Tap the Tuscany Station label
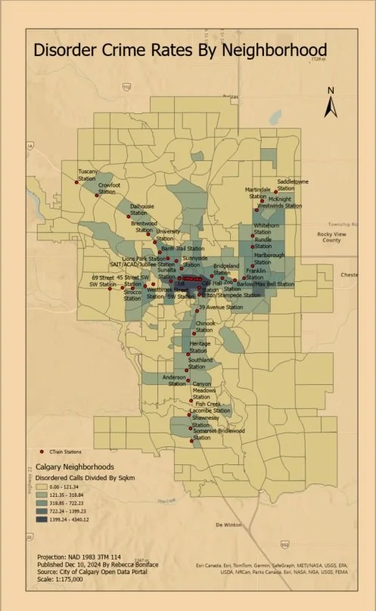pyautogui.click(x=89, y=175)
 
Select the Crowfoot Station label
pyautogui.click(x=109, y=188)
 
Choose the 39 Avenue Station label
pyautogui.click(x=220, y=307)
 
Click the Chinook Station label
pyautogui.click(x=206, y=326)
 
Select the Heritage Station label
pyautogui.click(x=200, y=347)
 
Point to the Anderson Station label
pyautogui.click(x=174, y=380)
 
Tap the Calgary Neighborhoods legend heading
pyautogui.click(x=70, y=467)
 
